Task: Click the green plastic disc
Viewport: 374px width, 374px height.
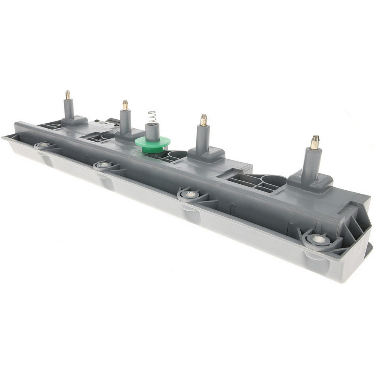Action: coord(152,142)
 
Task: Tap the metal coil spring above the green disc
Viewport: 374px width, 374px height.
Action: coord(151,117)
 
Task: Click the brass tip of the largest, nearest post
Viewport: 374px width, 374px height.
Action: coord(315,142)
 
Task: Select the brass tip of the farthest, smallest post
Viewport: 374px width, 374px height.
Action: coord(68,95)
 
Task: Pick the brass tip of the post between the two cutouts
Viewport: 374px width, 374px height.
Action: coord(204,120)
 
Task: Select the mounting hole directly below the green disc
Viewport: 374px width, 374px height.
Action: coord(104,165)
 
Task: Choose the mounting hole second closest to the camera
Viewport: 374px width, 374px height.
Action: coord(191,194)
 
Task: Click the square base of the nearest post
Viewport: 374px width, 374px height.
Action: coord(310,182)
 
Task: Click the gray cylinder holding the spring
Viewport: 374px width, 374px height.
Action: coord(152,131)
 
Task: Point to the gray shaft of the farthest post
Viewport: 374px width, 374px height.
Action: coord(68,108)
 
